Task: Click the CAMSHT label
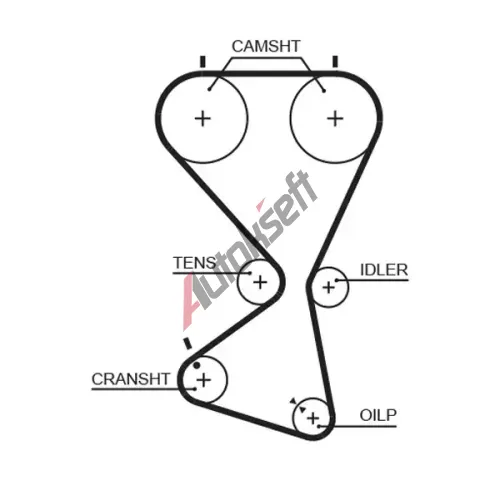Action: [266, 46]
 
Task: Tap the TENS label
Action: [195, 263]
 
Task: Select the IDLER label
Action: [384, 270]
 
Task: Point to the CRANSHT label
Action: [131, 379]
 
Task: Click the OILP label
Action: [378, 415]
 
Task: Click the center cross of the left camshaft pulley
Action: [203, 119]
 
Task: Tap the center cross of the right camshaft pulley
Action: [335, 119]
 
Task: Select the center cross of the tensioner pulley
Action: [260, 283]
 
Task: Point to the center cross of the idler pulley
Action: [329, 287]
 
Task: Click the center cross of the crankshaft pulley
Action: [204, 380]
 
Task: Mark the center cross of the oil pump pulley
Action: [313, 418]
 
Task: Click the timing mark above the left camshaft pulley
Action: [202, 62]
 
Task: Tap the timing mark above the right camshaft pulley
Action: [335, 62]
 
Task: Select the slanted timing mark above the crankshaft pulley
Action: [188, 343]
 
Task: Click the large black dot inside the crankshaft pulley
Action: [197, 365]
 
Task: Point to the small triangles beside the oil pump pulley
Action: [298, 405]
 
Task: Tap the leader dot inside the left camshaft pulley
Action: [209, 89]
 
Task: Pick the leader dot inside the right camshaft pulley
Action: [324, 91]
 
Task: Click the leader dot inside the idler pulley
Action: [337, 280]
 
